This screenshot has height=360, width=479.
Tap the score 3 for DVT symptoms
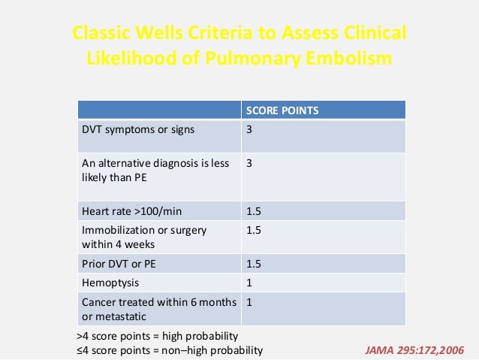pyautogui.click(x=249, y=129)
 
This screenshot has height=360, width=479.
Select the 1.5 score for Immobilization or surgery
pyautogui.click(x=254, y=229)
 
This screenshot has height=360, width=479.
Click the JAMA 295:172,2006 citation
pyautogui.click(x=414, y=349)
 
